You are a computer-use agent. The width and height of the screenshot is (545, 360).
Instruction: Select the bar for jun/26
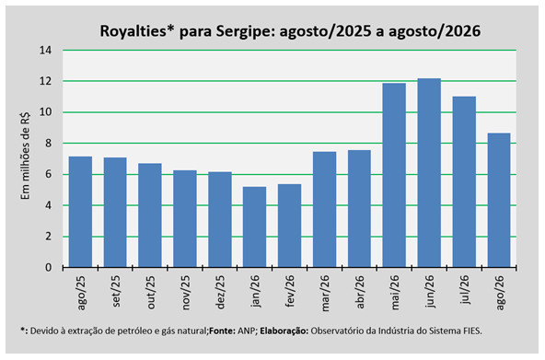429,173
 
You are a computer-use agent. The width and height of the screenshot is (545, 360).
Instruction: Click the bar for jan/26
254,226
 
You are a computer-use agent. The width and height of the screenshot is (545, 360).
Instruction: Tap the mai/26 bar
394,175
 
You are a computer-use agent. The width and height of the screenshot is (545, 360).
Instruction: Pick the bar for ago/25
80,212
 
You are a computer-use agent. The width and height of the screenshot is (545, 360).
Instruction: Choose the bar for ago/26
499,200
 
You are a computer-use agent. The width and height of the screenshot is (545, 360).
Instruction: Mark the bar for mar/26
324,210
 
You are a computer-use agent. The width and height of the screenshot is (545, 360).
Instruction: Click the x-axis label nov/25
185,292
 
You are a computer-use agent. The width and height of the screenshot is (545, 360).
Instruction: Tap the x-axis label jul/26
464,289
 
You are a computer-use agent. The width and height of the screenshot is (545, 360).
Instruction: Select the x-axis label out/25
150,292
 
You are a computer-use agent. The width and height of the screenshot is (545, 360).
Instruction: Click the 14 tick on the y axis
45,51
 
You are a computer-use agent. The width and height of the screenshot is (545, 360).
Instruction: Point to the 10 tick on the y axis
45,112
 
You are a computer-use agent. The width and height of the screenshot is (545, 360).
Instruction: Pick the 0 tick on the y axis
48,268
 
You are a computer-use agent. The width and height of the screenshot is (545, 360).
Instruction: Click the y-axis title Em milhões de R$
25,156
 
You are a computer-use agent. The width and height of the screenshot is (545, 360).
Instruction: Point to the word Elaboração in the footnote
284,331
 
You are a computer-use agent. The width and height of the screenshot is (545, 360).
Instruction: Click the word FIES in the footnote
472,331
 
